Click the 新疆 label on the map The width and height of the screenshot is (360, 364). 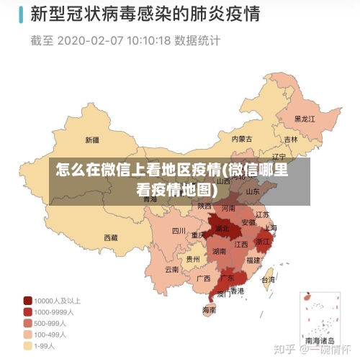(92, 140)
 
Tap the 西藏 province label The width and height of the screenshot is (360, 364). (110, 237)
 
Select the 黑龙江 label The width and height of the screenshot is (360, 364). (305, 119)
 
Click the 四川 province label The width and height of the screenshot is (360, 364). (179, 231)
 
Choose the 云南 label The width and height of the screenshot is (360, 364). (171, 270)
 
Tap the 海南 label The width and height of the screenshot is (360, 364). (209, 311)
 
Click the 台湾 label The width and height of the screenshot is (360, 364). (268, 280)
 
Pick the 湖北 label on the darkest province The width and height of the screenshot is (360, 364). (221, 229)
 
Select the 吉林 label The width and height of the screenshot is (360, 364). (290, 140)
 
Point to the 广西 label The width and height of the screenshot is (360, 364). (204, 278)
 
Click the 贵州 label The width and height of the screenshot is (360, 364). (193, 259)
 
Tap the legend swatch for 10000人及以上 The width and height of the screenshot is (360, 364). (27, 300)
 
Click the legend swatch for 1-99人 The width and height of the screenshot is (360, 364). (27, 346)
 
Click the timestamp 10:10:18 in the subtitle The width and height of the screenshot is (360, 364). (149, 40)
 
